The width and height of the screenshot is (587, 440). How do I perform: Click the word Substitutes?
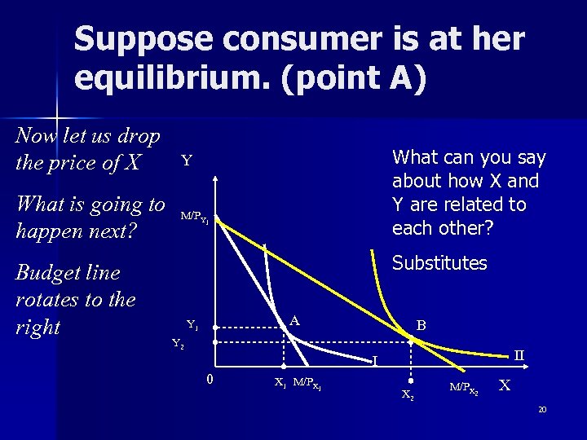tap(439, 263)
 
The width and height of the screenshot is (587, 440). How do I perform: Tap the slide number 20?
tap(542, 410)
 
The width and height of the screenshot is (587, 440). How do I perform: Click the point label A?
tap(295, 320)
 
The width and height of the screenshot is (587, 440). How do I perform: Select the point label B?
tap(421, 325)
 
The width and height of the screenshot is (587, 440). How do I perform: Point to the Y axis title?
tap(187, 161)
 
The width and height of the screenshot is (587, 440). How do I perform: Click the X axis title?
tap(505, 385)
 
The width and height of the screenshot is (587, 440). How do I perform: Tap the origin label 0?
tap(210, 379)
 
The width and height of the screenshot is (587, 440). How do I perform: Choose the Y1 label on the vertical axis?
tap(192, 324)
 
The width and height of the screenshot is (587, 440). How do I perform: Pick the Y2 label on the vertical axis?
tap(178, 343)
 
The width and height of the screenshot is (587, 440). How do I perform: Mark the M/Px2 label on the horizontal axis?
tap(464, 387)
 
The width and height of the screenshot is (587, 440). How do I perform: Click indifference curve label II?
tap(519, 355)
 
